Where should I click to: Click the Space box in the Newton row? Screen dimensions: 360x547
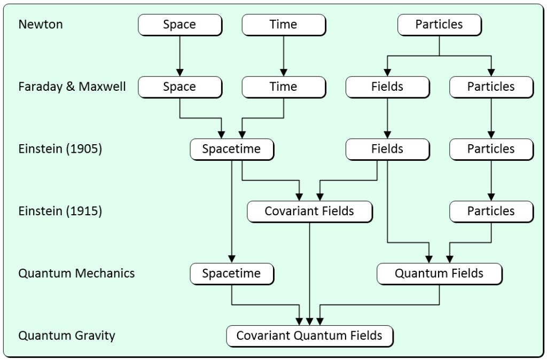click(x=179, y=25)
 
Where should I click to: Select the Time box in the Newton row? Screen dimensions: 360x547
click(x=283, y=25)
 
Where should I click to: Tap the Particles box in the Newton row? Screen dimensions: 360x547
click(x=439, y=25)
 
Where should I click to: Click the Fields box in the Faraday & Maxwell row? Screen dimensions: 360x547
click(x=387, y=87)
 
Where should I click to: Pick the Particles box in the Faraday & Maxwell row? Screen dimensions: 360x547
click(x=491, y=87)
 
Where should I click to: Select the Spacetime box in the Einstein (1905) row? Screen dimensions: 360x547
click(x=231, y=149)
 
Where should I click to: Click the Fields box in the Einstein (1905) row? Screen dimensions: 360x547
click(x=387, y=149)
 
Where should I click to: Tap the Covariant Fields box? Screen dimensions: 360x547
click(x=309, y=211)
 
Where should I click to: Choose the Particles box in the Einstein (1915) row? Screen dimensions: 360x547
click(x=491, y=211)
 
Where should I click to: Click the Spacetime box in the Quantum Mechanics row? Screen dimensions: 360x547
click(x=231, y=273)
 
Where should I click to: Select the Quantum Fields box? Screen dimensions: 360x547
click(x=439, y=273)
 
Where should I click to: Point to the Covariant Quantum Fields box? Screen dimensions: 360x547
click(x=309, y=336)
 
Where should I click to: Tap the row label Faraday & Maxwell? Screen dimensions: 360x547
click(x=72, y=87)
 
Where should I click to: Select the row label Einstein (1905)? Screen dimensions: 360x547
click(x=60, y=149)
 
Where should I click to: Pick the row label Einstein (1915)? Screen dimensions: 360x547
click(x=60, y=211)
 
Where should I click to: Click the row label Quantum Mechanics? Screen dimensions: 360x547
click(x=76, y=273)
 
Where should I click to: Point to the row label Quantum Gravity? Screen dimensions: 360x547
click(x=67, y=336)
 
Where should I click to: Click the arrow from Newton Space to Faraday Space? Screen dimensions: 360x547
click(x=179, y=56)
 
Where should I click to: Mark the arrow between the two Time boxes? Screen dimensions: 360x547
click(x=283, y=56)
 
